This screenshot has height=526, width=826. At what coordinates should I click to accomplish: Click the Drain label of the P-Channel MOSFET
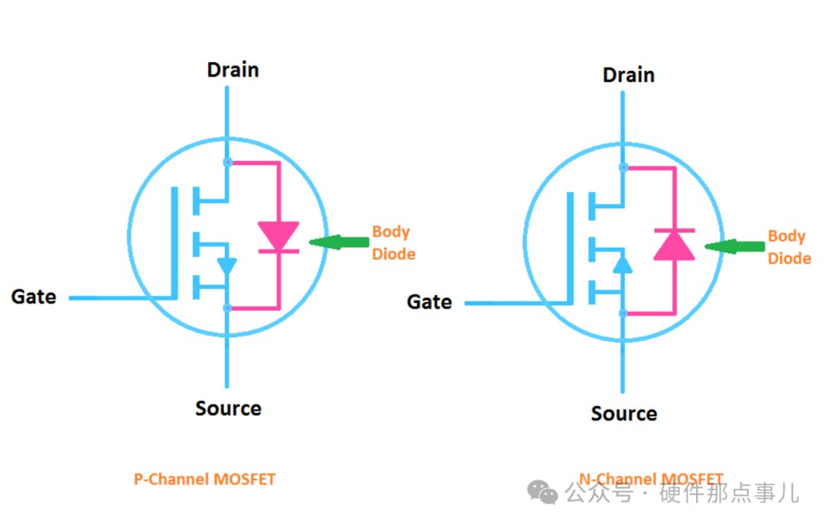(x=233, y=70)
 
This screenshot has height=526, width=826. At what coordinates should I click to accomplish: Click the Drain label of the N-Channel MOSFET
(x=629, y=75)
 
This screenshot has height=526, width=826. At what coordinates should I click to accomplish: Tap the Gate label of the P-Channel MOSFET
(x=34, y=297)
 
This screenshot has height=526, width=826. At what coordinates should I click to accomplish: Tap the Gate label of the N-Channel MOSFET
(x=429, y=302)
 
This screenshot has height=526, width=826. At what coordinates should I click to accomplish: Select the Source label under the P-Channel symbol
(x=228, y=408)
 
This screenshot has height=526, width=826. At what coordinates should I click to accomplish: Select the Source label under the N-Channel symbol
(x=624, y=414)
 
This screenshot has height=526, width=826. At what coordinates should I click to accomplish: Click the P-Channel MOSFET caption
(x=205, y=479)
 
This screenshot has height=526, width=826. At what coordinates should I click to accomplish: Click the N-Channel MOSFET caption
(x=651, y=479)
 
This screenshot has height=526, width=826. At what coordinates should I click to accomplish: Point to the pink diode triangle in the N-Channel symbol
(x=675, y=246)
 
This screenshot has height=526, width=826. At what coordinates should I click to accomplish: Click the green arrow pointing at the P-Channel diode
(x=339, y=242)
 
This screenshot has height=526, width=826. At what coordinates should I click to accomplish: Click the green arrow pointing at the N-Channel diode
(x=734, y=246)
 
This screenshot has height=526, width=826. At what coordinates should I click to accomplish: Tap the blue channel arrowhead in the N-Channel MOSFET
(x=623, y=265)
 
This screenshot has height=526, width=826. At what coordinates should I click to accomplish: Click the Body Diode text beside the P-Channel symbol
(x=394, y=242)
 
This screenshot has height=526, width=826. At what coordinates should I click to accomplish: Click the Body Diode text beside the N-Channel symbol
(x=789, y=247)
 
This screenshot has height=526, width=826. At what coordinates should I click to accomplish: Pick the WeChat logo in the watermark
(x=542, y=492)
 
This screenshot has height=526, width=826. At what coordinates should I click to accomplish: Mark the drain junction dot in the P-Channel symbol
(x=228, y=162)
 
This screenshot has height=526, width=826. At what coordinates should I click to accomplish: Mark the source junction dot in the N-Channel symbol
(x=623, y=313)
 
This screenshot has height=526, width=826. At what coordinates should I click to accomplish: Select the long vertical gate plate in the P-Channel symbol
(x=174, y=242)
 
